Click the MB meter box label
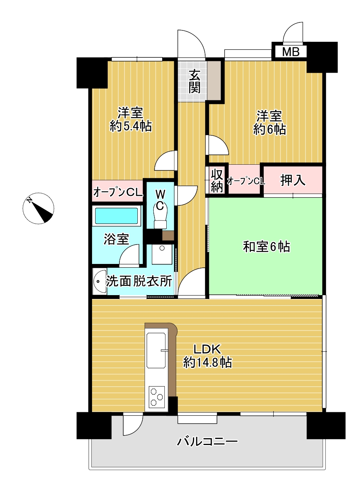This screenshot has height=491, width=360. [290, 52]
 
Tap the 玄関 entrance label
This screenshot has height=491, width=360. [194, 81]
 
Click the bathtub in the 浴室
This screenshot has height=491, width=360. [116, 216]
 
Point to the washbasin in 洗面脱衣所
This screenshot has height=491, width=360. [100, 281]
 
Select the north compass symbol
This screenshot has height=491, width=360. [38, 208]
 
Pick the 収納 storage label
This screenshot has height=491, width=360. [217, 181]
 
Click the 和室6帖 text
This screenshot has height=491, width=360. [266, 247]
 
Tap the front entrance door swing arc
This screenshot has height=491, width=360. [191, 44]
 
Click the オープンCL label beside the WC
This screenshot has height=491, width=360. [118, 192]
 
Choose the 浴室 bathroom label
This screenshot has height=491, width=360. [116, 239]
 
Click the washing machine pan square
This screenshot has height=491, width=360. [162, 254]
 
